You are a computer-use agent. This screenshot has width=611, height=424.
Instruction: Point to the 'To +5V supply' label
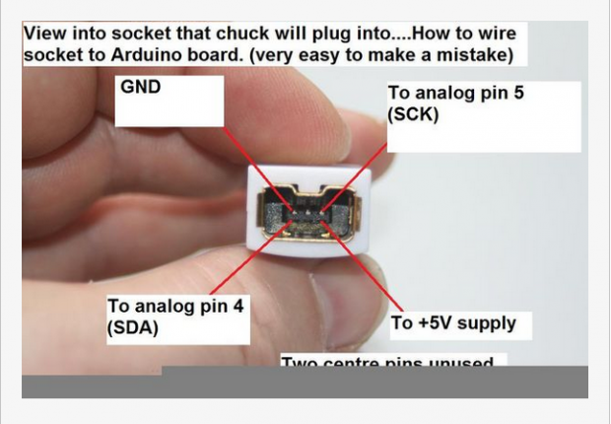[453, 323]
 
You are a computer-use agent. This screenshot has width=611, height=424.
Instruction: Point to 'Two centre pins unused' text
[386, 363]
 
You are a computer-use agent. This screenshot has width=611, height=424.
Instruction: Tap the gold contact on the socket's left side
[266, 209]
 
